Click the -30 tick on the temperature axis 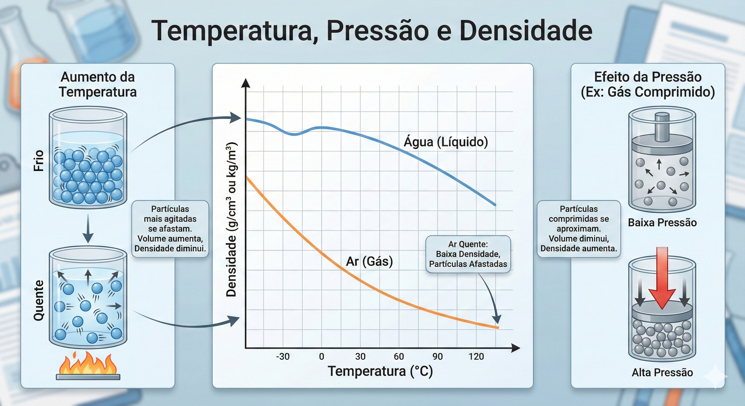(x=283, y=357)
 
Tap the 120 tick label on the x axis (x=476, y=357)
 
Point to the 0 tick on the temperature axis (x=322, y=357)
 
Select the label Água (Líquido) (x=446, y=142)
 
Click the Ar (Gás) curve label (x=369, y=261)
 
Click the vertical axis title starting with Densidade (x=231, y=220)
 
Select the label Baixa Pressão (x=662, y=223)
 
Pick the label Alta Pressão (x=662, y=372)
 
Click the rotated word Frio (x=39, y=161)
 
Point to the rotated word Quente (x=39, y=301)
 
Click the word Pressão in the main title (x=378, y=31)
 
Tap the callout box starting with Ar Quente (x=468, y=254)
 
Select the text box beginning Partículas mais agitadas (x=170, y=229)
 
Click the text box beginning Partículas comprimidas (x=579, y=229)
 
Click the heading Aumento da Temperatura (x=98, y=84)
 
